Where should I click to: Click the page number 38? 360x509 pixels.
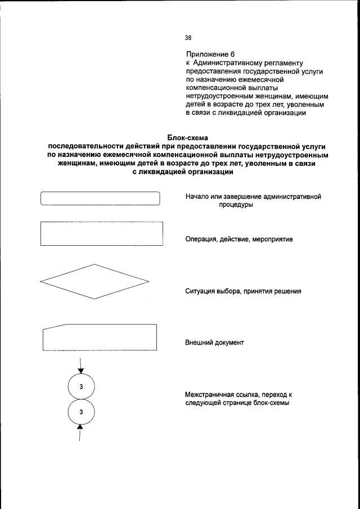pyautogui.click(x=188, y=38)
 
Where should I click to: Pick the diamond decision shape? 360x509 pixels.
pyautogui.click(x=95, y=281)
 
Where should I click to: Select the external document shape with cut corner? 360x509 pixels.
pyautogui.click(x=100, y=337)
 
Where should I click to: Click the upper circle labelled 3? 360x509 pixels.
pyautogui.click(x=81, y=386)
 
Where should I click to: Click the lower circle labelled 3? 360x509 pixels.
pyautogui.click(x=81, y=412)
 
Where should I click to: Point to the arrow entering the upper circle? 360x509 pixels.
pyautogui.click(x=81, y=369)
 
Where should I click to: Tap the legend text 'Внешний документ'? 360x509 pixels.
pyautogui.click(x=215, y=343)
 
